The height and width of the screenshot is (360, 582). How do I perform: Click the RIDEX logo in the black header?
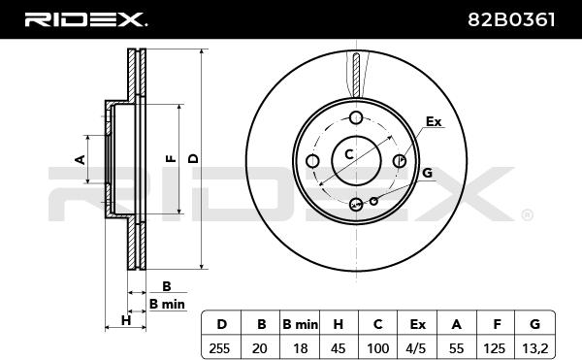click(85, 19)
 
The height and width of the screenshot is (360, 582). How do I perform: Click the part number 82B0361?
click(511, 19)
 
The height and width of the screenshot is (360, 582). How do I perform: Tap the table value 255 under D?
click(219, 348)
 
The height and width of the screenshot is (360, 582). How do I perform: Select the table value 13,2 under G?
click(534, 348)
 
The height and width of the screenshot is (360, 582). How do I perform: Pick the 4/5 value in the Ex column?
click(416, 348)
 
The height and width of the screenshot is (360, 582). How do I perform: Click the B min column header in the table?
click(300, 325)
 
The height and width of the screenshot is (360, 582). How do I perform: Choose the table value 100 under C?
click(378, 348)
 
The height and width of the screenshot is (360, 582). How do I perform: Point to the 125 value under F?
click(495, 348)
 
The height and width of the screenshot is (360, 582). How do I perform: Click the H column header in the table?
click(339, 325)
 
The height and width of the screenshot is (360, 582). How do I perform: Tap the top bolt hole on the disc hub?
click(356, 118)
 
